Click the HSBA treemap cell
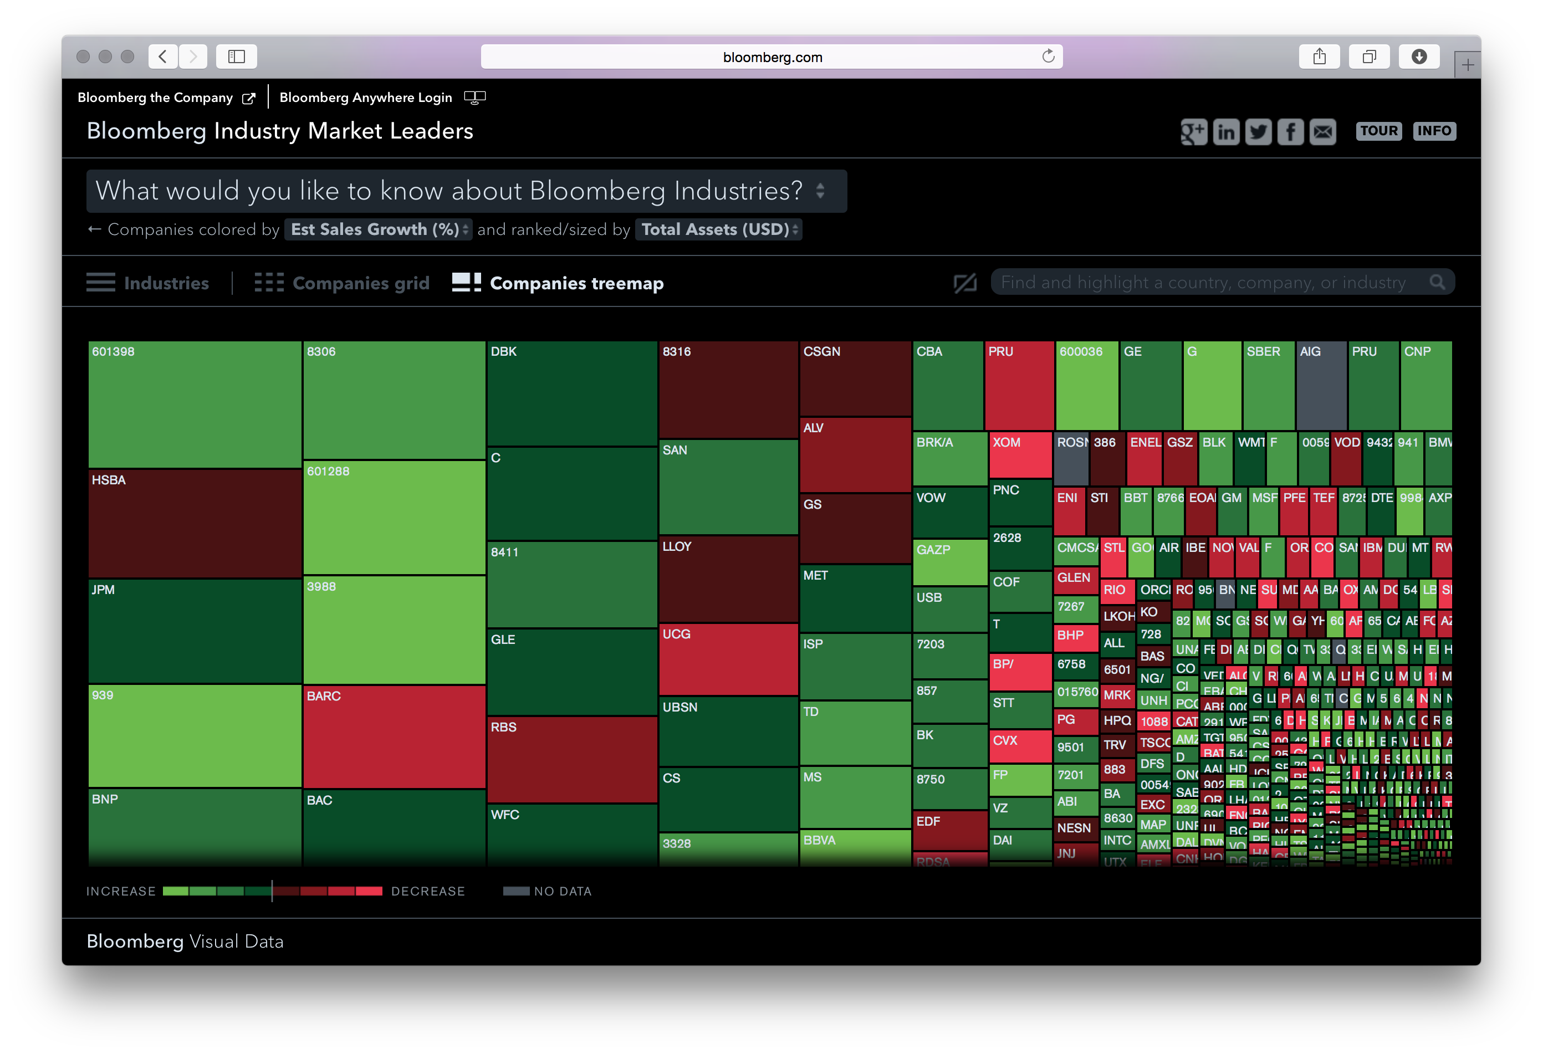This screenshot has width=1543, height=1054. [195, 524]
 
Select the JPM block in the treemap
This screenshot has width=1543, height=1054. [195, 631]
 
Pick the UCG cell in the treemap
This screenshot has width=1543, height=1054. [728, 659]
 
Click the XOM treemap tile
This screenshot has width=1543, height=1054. [1020, 454]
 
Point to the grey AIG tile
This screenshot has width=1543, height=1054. [1321, 386]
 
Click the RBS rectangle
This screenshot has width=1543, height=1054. [571, 759]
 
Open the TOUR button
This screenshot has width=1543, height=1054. [1378, 131]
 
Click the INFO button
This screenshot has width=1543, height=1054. [1434, 131]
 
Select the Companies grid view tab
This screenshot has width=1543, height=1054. [343, 283]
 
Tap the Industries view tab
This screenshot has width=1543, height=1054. [147, 283]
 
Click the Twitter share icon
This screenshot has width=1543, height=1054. [1258, 131]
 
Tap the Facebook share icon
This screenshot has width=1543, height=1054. [1290, 131]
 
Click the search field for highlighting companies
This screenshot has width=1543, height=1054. [1208, 282]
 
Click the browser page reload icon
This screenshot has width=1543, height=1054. [1048, 57]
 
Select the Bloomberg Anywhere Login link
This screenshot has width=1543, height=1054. [366, 98]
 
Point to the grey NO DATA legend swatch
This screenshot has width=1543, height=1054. [516, 891]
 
